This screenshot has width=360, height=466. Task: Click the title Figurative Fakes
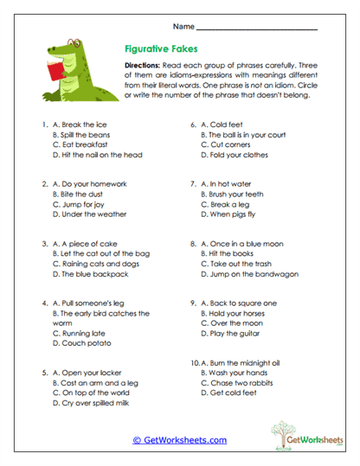click(x=151, y=51)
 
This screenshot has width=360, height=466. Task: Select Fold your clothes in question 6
click(x=238, y=156)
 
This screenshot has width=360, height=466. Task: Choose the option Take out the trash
click(x=242, y=264)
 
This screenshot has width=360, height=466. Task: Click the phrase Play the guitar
click(x=235, y=333)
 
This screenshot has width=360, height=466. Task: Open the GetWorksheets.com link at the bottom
click(x=179, y=440)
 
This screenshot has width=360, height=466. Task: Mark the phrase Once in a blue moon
click(x=247, y=244)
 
